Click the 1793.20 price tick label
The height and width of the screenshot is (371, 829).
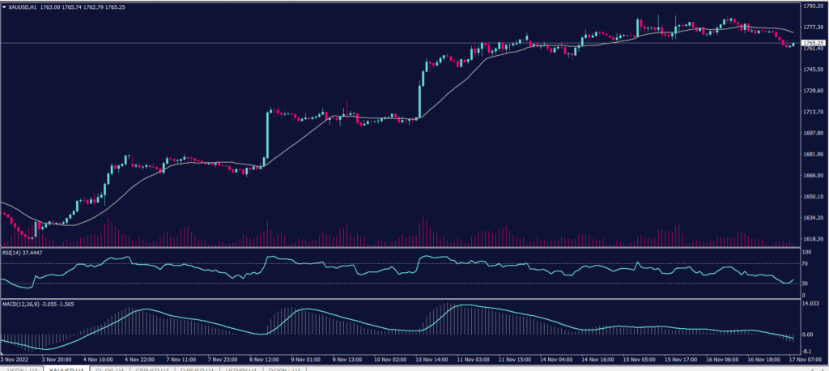[x=813, y=6]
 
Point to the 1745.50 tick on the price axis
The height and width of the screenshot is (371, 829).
[x=813, y=69]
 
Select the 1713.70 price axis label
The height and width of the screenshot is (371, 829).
[x=813, y=112]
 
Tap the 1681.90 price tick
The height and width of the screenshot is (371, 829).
[x=813, y=154]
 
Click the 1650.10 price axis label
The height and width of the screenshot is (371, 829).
[x=813, y=197]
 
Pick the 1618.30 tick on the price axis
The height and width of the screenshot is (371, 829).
[x=813, y=239]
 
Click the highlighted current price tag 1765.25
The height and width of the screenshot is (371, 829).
[x=812, y=42]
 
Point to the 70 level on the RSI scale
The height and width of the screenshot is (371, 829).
[x=805, y=264]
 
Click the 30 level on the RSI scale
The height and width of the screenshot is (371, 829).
[x=805, y=283]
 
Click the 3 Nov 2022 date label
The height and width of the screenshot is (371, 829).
[x=17, y=358]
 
